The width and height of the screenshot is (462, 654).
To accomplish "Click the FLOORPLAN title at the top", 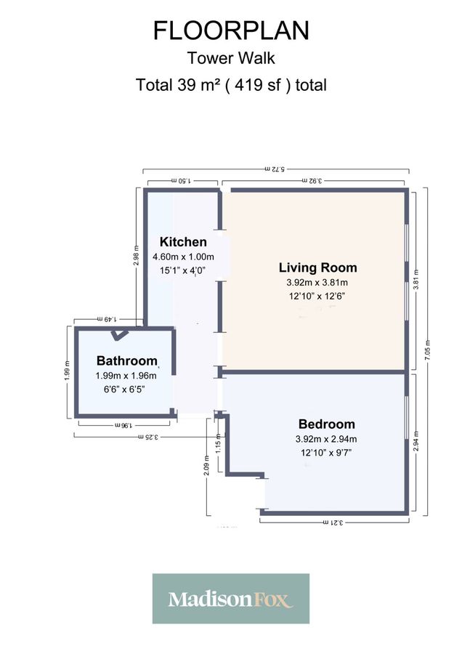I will click(x=231, y=31).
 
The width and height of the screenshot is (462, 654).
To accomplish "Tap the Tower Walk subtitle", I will click(x=231, y=58).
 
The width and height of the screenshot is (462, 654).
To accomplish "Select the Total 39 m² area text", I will click(x=231, y=84).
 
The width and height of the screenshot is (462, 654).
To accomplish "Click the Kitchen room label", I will click(x=183, y=242).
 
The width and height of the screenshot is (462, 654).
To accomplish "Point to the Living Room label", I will click(x=313, y=267).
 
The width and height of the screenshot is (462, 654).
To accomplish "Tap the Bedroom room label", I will click(x=326, y=424).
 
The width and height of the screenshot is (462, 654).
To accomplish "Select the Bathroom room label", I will click(x=127, y=360).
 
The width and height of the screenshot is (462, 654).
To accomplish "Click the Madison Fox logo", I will click(x=230, y=599).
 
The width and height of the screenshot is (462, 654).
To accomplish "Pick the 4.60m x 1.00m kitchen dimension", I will click(x=183, y=257).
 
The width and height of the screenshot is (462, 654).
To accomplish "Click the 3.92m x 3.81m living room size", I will click(x=313, y=282).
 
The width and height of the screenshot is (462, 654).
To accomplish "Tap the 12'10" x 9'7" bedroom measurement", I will click(x=326, y=453).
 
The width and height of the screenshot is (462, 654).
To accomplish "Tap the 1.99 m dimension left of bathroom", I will click(x=67, y=371).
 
